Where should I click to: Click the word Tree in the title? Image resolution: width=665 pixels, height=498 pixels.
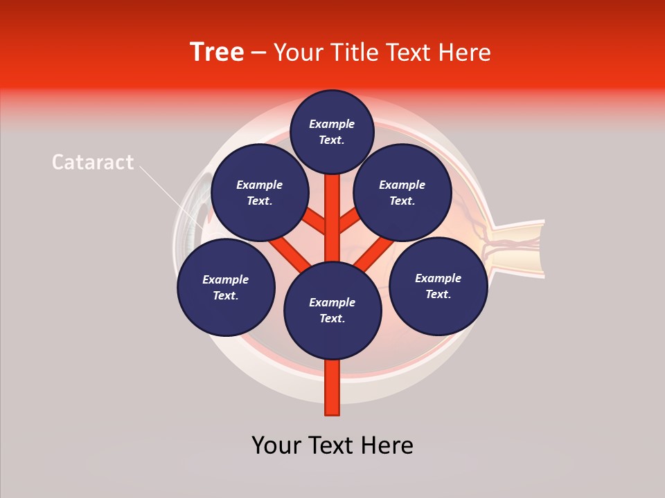(x=217, y=52)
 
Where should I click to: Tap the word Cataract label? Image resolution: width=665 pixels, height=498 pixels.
(x=93, y=162)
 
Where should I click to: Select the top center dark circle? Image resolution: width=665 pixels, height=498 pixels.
(x=332, y=131)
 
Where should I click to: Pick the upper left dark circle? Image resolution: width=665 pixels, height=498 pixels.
(x=259, y=192)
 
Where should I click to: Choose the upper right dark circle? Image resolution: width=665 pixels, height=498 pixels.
(x=402, y=192)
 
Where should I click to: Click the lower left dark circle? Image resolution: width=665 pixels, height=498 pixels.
(x=225, y=287)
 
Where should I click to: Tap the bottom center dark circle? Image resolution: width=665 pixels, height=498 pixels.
(x=332, y=310)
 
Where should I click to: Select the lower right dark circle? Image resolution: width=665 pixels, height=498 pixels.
(x=438, y=285)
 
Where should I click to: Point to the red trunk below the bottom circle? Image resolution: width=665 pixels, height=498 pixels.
(x=332, y=387)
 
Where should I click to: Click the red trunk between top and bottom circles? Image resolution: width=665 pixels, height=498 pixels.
(x=332, y=218)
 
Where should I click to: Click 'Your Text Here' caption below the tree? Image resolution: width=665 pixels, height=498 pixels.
(x=332, y=445)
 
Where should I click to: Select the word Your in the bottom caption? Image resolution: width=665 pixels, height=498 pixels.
(x=276, y=445)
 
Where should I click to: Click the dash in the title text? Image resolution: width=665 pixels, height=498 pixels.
(x=258, y=53)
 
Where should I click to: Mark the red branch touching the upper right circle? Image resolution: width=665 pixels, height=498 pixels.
(x=350, y=221)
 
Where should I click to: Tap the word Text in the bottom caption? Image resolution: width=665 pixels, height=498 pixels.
(x=335, y=445)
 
